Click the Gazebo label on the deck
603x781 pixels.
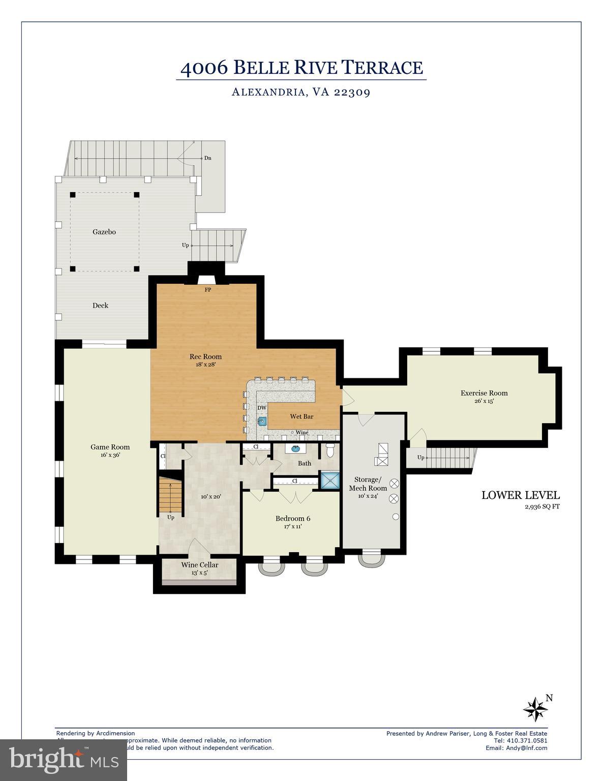104,232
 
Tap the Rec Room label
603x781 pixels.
205,356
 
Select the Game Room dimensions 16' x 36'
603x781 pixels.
110,456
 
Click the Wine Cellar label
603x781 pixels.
199,565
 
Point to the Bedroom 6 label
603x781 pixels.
292,519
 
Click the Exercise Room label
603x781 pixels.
484,393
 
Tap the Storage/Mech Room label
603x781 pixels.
368,484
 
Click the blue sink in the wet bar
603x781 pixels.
262,421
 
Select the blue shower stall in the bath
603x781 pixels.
329,480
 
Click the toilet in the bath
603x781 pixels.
329,450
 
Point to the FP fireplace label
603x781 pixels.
207,290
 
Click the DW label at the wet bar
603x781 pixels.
261,408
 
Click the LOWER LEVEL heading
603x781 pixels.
520,495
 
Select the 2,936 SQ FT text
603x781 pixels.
542,506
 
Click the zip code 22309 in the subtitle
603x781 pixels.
351,92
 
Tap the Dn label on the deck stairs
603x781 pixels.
207,158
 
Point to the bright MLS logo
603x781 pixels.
64,760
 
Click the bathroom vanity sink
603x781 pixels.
295,449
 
